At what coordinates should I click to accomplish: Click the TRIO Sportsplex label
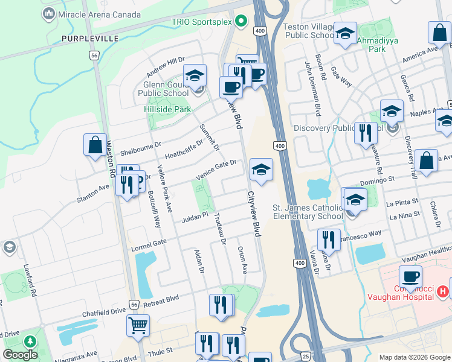pos(202,21)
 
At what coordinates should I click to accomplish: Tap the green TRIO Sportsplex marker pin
pos(242,21)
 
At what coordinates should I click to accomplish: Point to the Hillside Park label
pos(167,109)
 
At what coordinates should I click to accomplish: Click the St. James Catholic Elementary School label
pos(308,212)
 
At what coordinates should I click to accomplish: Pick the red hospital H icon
pos(443,291)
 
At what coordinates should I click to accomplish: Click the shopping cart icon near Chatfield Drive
pos(138,326)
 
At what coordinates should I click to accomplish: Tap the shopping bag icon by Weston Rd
pos(95,146)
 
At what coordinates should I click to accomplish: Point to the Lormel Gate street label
pos(149,246)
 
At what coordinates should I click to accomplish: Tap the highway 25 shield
pos(306,357)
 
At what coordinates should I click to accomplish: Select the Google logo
pos(20,355)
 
